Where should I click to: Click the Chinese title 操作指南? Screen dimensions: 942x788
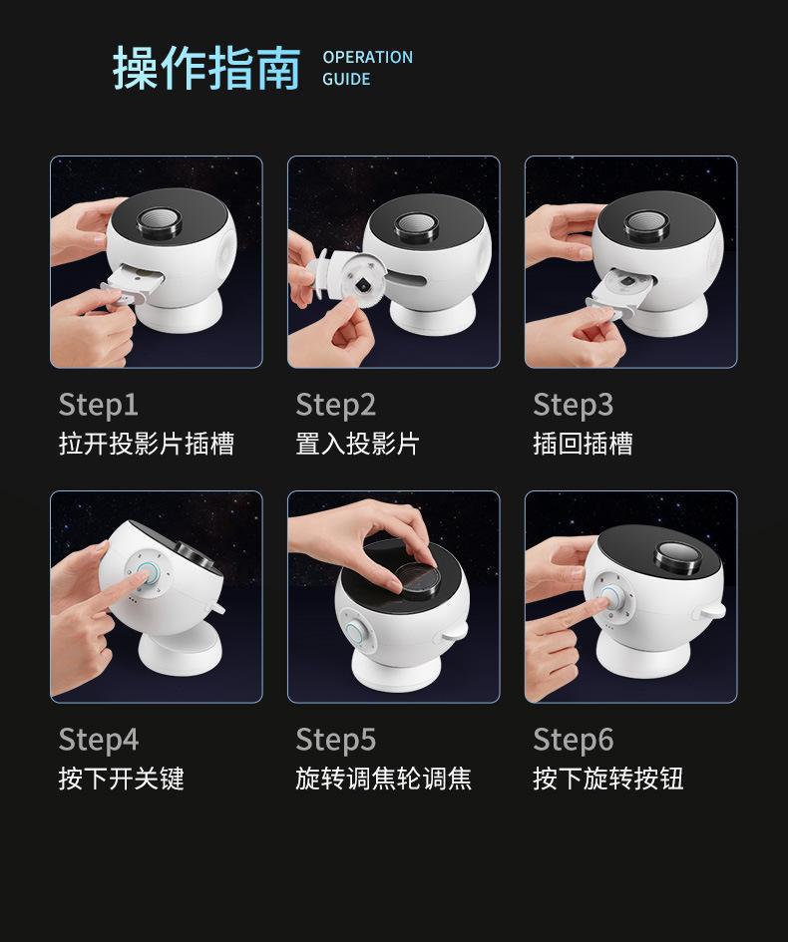tap(206, 68)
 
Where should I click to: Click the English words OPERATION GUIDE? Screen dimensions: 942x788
tap(367, 68)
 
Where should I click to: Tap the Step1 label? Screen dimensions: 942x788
tap(98, 405)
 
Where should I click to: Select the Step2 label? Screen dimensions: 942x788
tap(335, 405)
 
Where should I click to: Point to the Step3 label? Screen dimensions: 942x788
tap(573, 405)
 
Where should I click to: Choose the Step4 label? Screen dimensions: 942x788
tap(98, 740)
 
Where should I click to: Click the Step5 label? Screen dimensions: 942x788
tap(335, 740)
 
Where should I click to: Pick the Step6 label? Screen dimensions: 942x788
tap(573, 740)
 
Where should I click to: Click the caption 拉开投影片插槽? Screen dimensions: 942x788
tap(147, 444)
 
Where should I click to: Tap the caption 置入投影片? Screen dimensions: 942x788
tap(357, 444)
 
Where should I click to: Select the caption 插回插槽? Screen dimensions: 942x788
tap(583, 444)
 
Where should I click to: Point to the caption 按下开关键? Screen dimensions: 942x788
tap(122, 779)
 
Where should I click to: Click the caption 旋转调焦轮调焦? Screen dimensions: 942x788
tap(383, 779)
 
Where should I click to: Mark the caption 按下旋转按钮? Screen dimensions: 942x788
tap(607, 779)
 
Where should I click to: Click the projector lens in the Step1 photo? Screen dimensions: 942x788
tap(161, 223)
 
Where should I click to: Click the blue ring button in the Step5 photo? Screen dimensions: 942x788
tap(355, 635)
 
